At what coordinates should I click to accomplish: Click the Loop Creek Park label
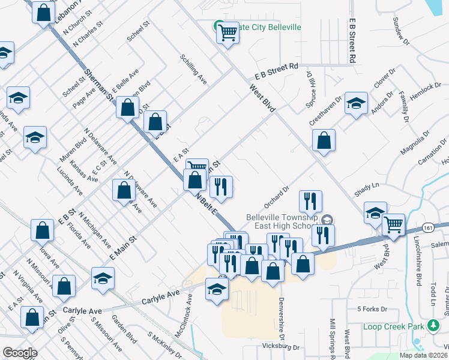(394, 327)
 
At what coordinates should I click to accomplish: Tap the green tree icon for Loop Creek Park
(433, 326)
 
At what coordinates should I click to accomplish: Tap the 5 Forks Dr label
(372, 309)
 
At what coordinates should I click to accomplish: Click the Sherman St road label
(99, 83)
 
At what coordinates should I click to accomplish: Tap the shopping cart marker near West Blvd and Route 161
(394, 225)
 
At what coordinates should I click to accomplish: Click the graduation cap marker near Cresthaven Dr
(356, 103)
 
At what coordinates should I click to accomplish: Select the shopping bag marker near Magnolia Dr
(324, 141)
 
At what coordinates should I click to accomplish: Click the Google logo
(20, 353)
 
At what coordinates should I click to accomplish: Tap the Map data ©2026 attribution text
(423, 355)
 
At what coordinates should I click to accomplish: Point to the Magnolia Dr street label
(415, 143)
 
